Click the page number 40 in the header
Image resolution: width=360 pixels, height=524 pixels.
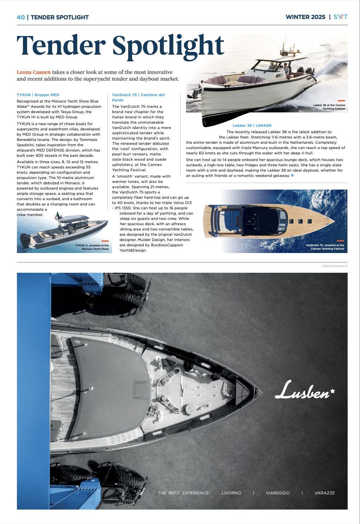point(21,17)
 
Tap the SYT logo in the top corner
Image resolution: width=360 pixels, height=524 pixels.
point(340,17)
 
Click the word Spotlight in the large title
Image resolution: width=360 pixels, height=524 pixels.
point(168,46)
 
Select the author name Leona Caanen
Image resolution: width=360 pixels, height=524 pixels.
point(33,72)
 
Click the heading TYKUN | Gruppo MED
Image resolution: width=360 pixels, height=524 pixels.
point(38,95)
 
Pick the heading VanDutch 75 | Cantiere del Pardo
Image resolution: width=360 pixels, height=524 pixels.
point(138,97)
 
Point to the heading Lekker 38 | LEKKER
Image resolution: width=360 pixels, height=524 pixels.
point(252,125)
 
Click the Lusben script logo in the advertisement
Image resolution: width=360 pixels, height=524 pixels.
point(305,390)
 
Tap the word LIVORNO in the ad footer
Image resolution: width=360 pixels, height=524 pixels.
point(231,493)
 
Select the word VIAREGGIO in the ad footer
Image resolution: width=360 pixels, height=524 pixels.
point(278,493)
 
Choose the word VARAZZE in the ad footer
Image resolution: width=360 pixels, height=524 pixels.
point(324,493)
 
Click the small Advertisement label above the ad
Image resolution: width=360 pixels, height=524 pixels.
point(334,266)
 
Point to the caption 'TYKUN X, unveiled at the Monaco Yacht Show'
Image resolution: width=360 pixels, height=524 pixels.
point(92,247)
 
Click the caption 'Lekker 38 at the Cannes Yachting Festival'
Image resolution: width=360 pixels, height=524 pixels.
point(329,107)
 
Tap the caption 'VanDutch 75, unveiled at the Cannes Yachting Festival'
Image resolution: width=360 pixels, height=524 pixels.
point(325,247)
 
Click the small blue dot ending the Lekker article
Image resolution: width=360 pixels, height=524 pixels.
point(292,175)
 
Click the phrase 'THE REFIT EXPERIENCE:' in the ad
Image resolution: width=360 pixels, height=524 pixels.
point(184,493)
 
